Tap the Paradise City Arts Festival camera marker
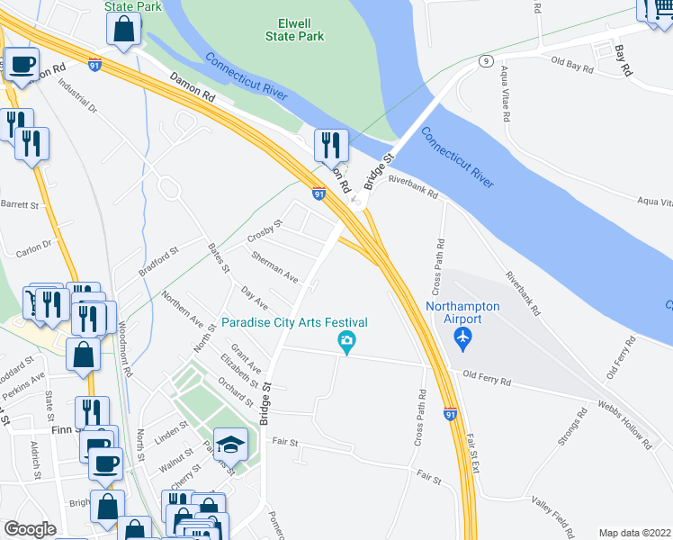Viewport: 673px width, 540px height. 345,340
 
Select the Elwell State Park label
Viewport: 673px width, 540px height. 294,29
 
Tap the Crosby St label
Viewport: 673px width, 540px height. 265,231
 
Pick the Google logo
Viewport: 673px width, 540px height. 30,529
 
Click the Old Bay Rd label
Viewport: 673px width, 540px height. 570,63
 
